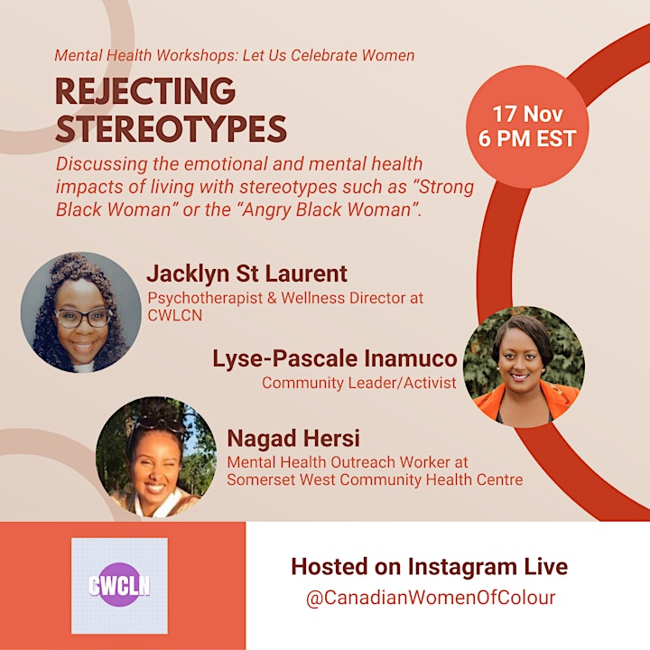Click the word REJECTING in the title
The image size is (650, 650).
tap(145, 91)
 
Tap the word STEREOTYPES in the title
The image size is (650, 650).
tap(172, 128)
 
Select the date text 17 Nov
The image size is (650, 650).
tap(527, 114)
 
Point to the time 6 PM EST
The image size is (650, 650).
tap(527, 138)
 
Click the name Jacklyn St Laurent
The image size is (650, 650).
tap(247, 274)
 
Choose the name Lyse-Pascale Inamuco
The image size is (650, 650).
tap(335, 358)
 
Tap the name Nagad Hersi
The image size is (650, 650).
tap(293, 439)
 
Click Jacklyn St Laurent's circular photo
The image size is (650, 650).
tap(81, 312)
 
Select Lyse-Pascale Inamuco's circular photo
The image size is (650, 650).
tap(524, 367)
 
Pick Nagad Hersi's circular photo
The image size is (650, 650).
tap(156, 457)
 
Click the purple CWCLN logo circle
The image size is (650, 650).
tap(119, 585)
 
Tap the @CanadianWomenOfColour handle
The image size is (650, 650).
tap(431, 599)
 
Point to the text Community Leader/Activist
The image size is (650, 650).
tap(359, 383)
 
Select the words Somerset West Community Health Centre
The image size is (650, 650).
tap(375, 479)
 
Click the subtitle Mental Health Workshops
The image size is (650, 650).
tap(146, 56)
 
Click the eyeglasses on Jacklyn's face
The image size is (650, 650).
tap(83, 318)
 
